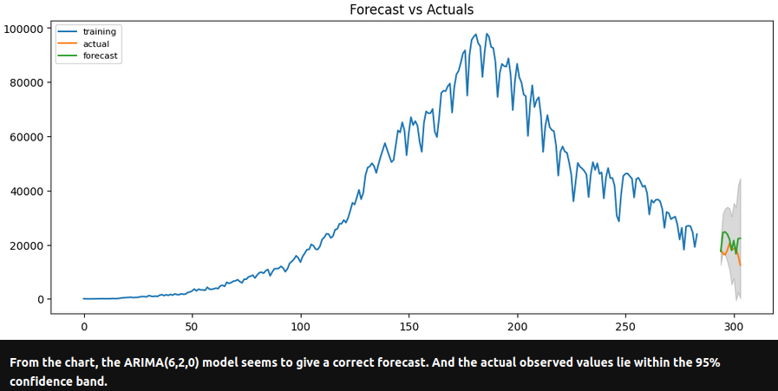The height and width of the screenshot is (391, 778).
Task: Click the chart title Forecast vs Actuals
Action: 411,10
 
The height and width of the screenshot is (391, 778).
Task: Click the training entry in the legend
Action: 99,31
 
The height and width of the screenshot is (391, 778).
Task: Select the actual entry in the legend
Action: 95,43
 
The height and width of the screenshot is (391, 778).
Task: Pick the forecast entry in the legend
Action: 100,55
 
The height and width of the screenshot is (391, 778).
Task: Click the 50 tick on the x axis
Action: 192,327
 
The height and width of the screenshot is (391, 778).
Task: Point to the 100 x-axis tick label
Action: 300,327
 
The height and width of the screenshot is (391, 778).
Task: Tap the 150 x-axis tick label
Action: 409,327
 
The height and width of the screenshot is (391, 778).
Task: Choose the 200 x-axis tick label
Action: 517,327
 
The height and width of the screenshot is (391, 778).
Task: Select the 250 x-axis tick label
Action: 625,327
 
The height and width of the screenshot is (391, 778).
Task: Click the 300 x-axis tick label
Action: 734,327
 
